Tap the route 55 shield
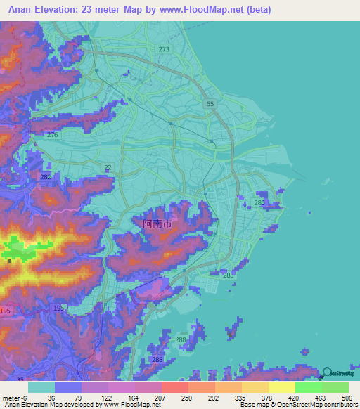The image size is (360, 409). point(210,104)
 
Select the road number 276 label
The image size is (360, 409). point(52,135)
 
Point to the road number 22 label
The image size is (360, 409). point(107,167)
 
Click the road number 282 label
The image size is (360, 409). point(46,178)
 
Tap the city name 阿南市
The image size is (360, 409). point(157,224)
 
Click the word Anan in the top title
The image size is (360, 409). point(22,10)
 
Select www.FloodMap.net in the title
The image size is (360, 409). point(215,10)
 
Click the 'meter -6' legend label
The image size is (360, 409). point(15,397)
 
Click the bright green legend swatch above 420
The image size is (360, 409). point(308,387)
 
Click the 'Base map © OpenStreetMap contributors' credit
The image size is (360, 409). point(297,405)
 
